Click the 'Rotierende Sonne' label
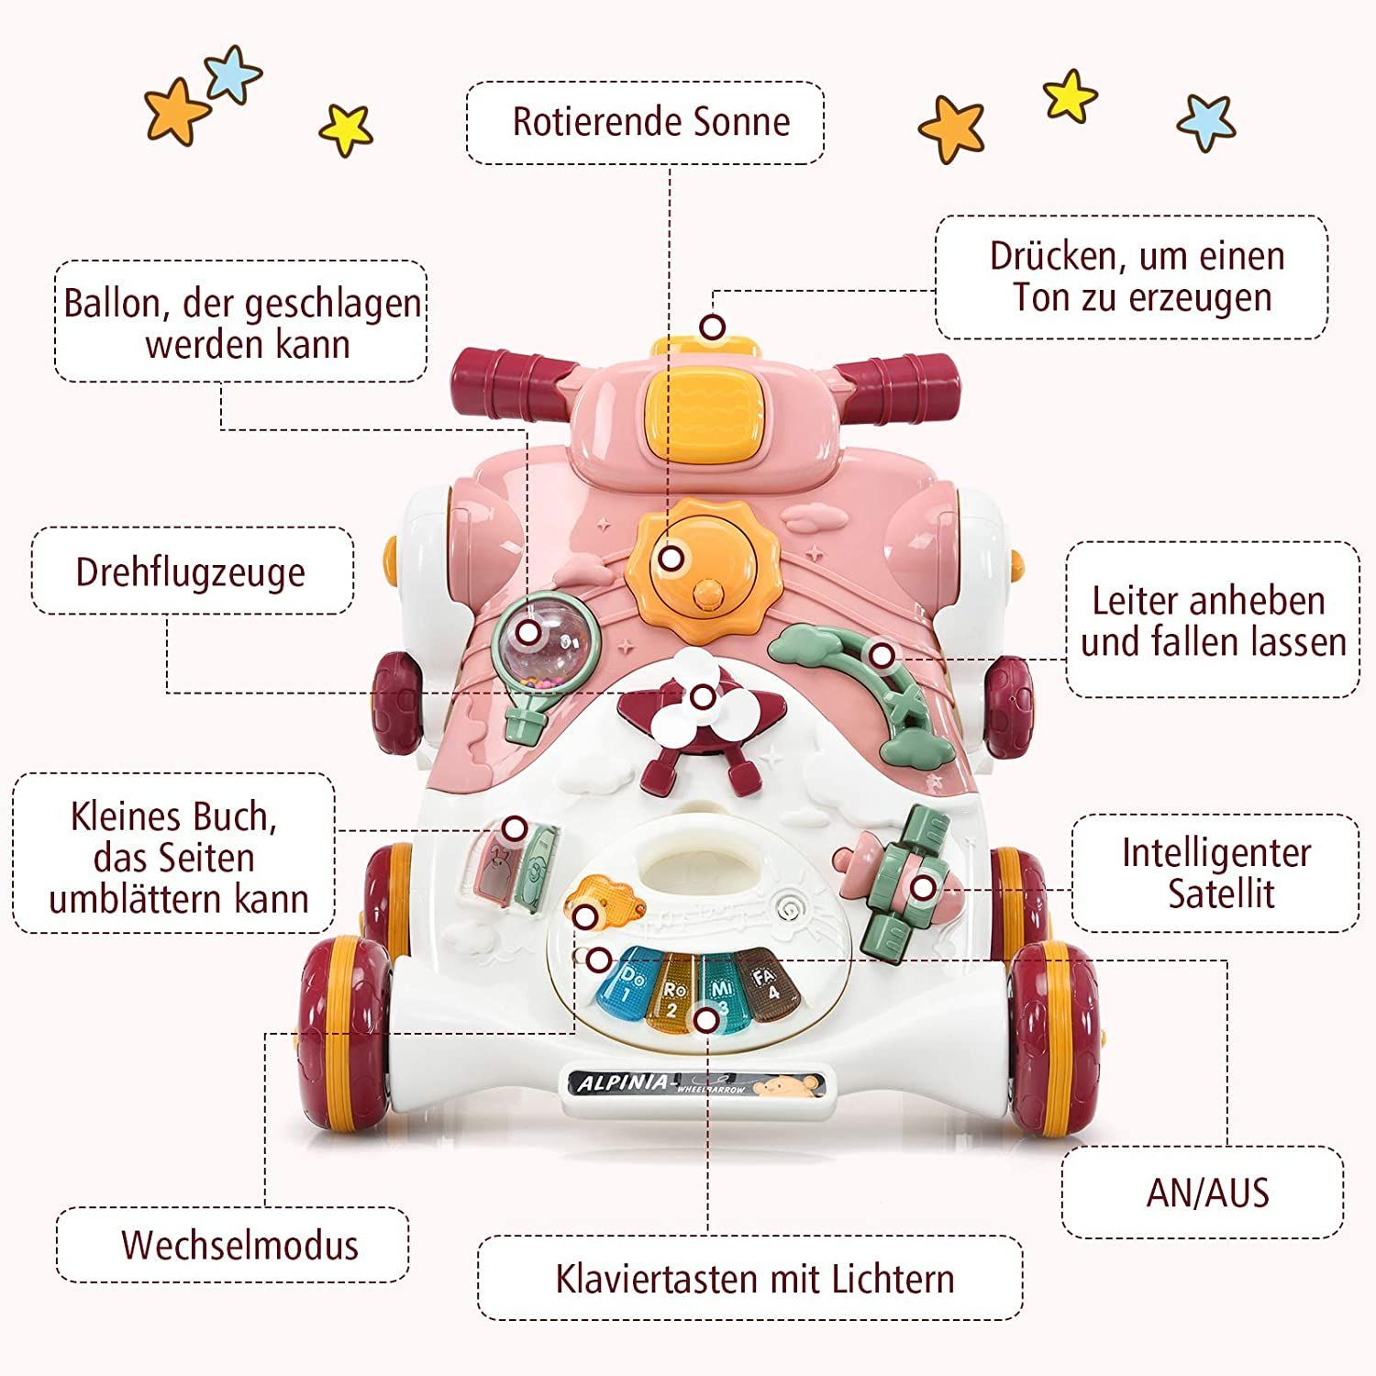(x=651, y=122)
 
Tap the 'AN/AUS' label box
(x=1206, y=1193)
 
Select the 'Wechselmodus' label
(x=239, y=1245)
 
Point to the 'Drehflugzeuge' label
(x=190, y=571)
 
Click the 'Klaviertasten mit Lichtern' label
(x=754, y=1279)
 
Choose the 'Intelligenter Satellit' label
(x=1215, y=872)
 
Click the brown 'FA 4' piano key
(x=767, y=984)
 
